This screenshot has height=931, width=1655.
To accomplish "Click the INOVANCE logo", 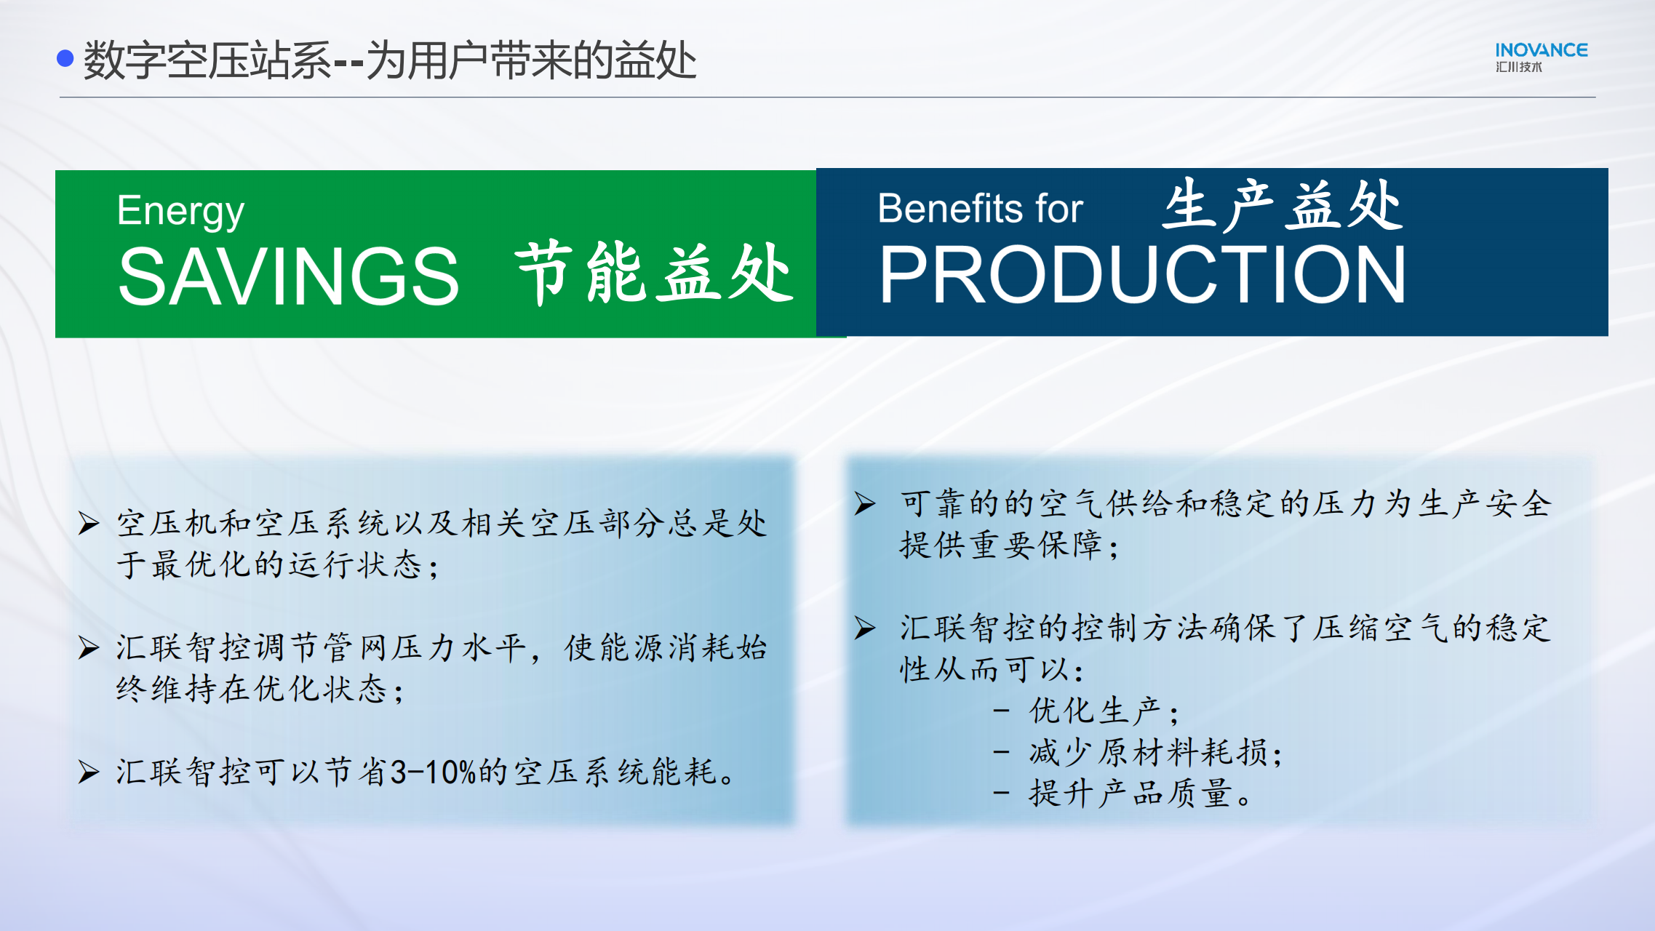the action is point(1541,57).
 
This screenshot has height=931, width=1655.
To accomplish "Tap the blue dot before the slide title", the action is point(65,58).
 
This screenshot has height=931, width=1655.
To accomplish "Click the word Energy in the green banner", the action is point(180,212).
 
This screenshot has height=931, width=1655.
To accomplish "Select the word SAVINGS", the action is point(288,276).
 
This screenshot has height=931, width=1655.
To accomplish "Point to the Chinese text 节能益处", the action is point(654,273).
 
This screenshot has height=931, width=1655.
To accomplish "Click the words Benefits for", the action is point(980,209).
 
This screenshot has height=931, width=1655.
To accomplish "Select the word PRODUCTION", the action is point(1142,274).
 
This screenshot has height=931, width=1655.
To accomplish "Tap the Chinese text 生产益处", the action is point(1283,205).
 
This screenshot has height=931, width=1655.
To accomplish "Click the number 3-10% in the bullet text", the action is point(433,772).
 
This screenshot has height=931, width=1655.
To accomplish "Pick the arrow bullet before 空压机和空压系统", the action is point(89,523).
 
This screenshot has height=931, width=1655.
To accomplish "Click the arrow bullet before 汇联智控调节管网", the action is point(89,647).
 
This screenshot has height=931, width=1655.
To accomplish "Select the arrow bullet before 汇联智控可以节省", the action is point(89,772).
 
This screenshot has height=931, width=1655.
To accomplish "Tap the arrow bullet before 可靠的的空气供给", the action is point(865,503).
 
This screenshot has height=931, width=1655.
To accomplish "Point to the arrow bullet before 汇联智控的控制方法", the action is point(865,628).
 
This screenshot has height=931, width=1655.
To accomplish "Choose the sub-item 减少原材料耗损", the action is point(1155,752).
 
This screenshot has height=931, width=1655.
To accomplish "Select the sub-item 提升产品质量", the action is point(1140,794).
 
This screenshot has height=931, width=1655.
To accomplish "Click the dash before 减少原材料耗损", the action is point(1001,752).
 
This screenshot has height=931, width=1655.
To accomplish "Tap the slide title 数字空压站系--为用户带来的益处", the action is point(390,60).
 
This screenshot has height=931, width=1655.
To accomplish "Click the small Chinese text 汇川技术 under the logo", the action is point(1518,67).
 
